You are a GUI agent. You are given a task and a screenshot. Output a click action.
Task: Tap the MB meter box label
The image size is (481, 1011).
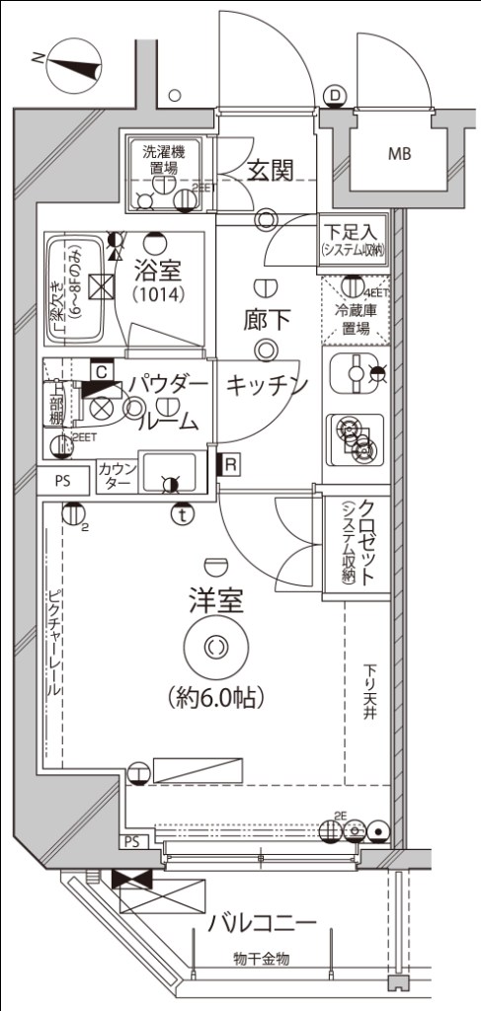(400, 153)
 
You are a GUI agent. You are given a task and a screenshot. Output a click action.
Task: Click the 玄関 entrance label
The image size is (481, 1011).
(270, 170)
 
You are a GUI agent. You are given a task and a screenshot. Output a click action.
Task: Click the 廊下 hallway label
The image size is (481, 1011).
(266, 319)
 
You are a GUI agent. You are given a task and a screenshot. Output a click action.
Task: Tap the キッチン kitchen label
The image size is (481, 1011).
(268, 385)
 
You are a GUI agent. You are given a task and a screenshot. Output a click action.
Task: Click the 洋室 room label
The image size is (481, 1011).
(216, 600)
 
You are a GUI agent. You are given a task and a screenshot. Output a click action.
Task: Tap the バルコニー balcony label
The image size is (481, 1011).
(263, 924)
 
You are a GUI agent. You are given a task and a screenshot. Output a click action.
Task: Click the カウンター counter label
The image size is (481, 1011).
(118, 476)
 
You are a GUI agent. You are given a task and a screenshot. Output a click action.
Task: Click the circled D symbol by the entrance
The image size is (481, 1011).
(336, 95)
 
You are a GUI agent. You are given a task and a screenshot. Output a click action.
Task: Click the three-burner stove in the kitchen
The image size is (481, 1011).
(355, 435)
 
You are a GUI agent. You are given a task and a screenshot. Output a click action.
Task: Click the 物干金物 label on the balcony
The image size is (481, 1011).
(261, 959)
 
